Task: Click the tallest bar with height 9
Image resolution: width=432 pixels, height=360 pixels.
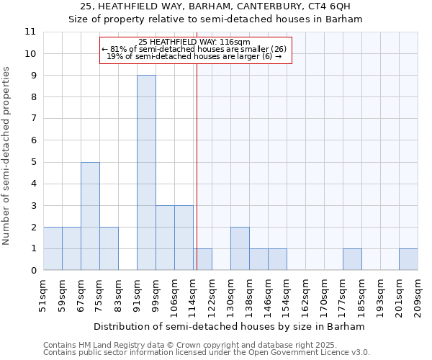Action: pos(146,173)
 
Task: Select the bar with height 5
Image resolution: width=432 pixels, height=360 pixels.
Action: pos(90,216)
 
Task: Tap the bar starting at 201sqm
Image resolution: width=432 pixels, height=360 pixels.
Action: pos(408,259)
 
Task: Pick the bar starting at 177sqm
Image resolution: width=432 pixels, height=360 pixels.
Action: pos(352,259)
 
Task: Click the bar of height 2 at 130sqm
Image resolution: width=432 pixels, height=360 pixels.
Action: pos(240,248)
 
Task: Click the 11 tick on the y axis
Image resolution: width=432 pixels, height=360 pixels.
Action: pos(30,32)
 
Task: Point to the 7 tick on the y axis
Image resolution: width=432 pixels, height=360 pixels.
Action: pos(32,119)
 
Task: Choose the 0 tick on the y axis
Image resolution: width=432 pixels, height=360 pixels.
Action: pos(32,271)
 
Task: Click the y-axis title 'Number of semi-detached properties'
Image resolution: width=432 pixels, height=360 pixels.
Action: pos(7,156)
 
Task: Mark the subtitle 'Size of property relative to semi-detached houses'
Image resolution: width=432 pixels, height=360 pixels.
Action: pos(215,19)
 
